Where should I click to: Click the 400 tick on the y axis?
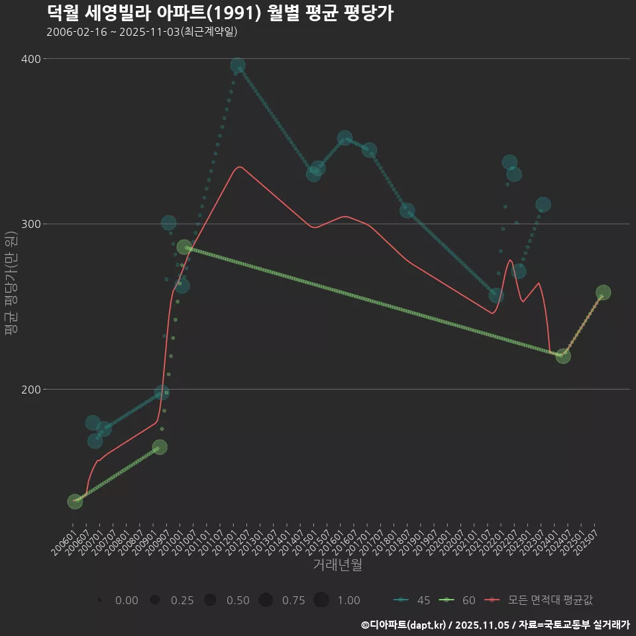coord(30,59)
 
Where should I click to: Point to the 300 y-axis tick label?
coord(30,224)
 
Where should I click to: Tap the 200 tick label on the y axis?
coord(30,390)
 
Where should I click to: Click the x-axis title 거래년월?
coord(337,565)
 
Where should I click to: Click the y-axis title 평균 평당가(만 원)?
coord(11,285)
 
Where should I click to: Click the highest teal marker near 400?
coord(238,66)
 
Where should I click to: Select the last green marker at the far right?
coord(603,293)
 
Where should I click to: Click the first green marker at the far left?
coord(75,502)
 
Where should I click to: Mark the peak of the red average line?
coord(240,167)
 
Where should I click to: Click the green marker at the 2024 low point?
coord(563,356)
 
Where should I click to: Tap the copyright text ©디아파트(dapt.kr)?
coord(407,624)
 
